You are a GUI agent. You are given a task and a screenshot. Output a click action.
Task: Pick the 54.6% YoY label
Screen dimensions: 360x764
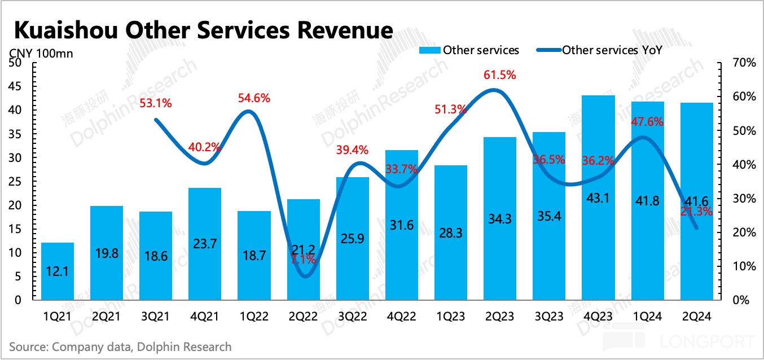(x=254, y=98)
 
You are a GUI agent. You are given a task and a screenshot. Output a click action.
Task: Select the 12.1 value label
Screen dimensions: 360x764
(x=58, y=272)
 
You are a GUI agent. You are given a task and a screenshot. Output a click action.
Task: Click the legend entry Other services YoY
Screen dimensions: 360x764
(x=612, y=50)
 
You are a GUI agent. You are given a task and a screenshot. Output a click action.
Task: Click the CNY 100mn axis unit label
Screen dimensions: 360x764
(x=41, y=54)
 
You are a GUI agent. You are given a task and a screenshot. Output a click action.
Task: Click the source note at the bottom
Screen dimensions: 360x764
(x=120, y=346)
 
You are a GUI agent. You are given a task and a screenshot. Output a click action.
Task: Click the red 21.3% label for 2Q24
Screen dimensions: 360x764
(x=697, y=212)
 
